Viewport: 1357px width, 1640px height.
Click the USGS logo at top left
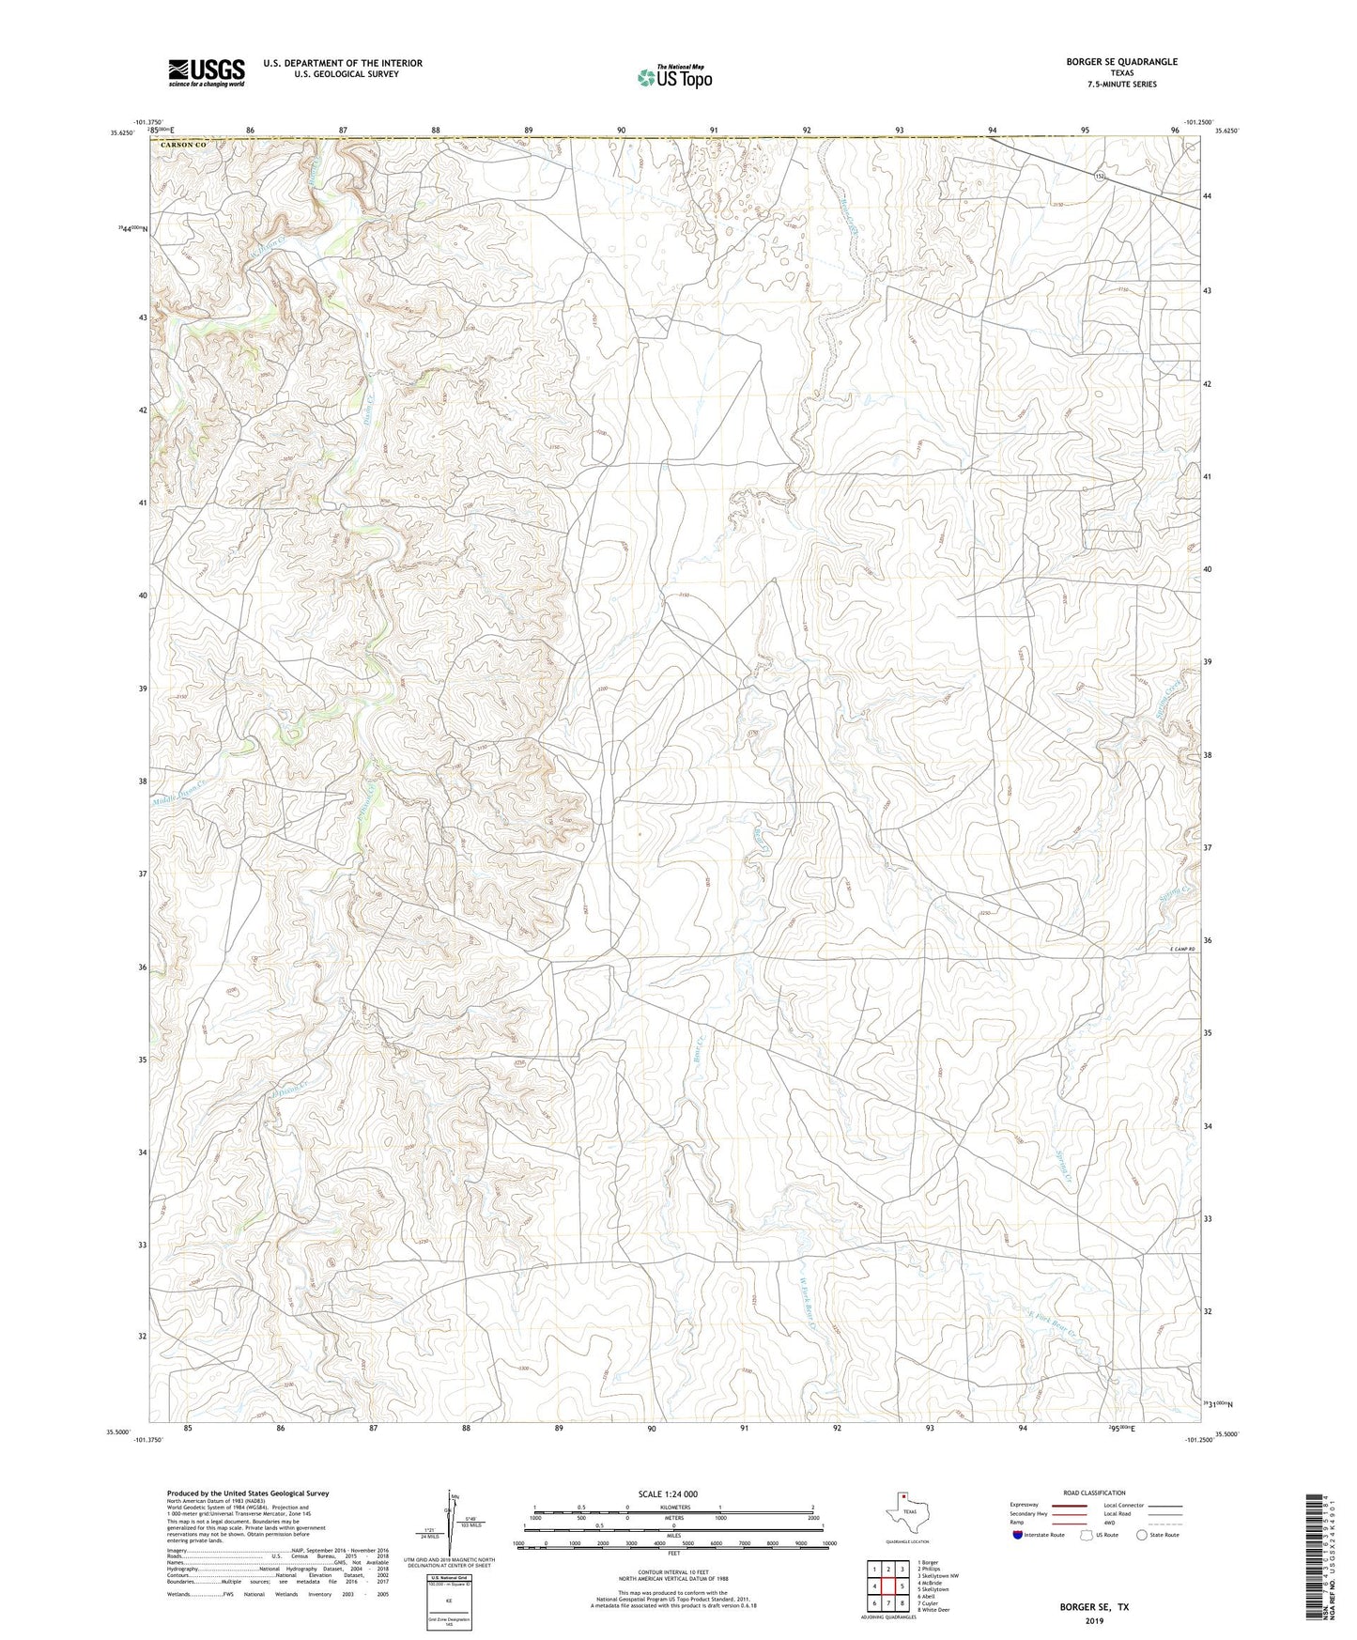click(x=207, y=72)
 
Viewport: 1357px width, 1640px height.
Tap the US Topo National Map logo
click(x=674, y=77)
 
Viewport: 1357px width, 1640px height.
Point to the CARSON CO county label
click(x=182, y=145)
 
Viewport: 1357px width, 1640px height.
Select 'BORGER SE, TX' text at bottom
click(x=1094, y=1607)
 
